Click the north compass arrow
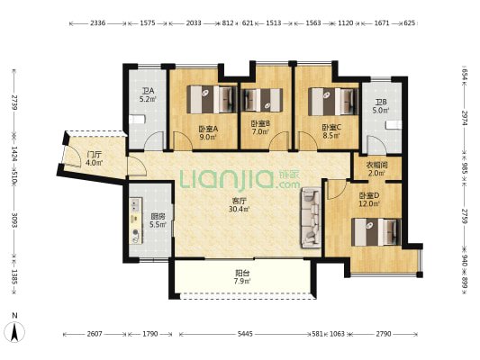coord(14,332)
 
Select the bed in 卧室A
coord(213,99)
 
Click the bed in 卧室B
coord(262,100)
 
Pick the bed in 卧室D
coord(376,232)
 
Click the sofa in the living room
coord(311,218)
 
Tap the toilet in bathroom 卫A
coord(137,120)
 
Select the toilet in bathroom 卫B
coord(394,125)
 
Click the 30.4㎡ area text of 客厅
coord(239,209)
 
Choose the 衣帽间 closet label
coord(376,166)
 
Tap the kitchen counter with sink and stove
coord(136,220)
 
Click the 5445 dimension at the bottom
coord(245,334)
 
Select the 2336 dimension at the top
coord(97,22)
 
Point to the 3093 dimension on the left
coord(14,220)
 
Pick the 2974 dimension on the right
coord(465,118)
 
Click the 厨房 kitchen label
coord(158,217)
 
